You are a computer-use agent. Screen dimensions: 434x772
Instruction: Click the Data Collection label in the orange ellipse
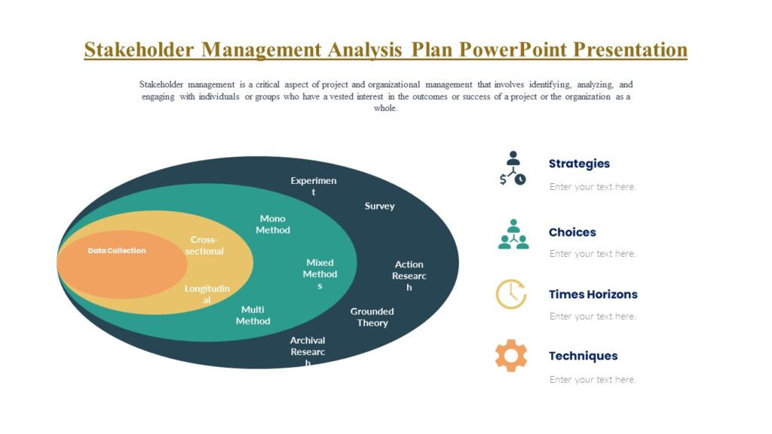[x=117, y=250]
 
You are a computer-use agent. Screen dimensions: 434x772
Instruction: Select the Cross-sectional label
[x=204, y=246]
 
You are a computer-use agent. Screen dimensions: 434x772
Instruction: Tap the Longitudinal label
[x=207, y=295]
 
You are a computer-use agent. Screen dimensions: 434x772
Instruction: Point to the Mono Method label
[x=272, y=225]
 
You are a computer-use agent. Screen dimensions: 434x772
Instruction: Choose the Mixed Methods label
[x=320, y=274]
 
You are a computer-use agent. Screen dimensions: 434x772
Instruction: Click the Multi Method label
[x=253, y=315]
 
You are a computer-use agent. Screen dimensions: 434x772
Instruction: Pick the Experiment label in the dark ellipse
[x=314, y=186]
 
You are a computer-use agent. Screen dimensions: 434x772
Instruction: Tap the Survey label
[x=379, y=206]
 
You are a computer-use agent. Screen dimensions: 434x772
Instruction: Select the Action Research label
[x=409, y=275]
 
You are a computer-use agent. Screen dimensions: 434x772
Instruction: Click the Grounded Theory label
[x=372, y=317]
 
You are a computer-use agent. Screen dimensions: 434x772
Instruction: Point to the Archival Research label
[x=308, y=351]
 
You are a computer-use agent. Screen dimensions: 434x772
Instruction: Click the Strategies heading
[x=579, y=164]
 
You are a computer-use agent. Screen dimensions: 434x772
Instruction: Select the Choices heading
[x=572, y=232]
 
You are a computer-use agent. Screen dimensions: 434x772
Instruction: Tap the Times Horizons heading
[x=593, y=295]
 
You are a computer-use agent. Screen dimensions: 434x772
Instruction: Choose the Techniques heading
[x=583, y=356]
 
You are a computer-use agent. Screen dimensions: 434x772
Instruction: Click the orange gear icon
[x=511, y=356]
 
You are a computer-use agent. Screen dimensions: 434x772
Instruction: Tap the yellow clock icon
[x=511, y=294]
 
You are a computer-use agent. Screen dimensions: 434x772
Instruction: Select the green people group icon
[x=513, y=234]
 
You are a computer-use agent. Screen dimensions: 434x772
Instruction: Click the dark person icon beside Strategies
[x=513, y=168]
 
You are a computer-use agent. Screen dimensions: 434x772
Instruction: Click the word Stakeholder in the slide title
[x=139, y=50]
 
